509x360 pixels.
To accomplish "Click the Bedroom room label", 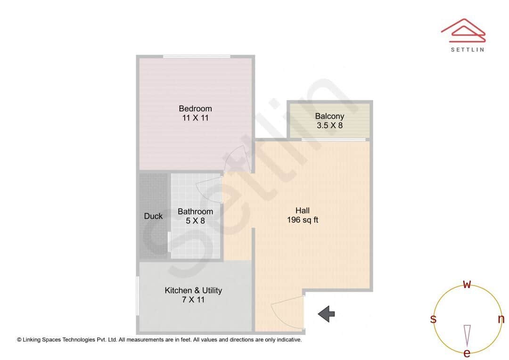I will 195,109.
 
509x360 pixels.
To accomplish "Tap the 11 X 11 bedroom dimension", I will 195,118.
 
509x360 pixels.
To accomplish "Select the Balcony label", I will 329,116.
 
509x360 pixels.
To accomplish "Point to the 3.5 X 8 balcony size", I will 329,126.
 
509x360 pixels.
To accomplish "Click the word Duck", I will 153,216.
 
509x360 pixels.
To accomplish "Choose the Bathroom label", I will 195,212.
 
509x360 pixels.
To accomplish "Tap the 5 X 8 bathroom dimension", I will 195,221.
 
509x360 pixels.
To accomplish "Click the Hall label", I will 302,211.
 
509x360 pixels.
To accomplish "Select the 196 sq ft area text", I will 302,220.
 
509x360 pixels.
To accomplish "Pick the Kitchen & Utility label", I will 193,290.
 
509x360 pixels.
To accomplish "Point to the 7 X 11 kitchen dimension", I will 193,300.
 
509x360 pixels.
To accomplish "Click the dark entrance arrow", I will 326,314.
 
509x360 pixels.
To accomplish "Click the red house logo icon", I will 463,29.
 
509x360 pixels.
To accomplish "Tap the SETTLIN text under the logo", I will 467,49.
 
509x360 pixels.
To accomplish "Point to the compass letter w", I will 467,284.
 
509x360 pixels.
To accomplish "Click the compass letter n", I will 501,319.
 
